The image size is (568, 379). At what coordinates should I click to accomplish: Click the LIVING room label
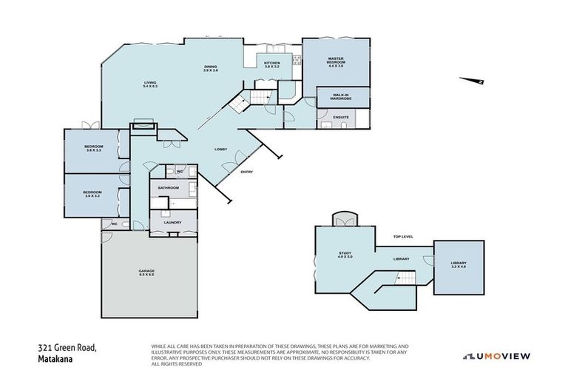pos(151,84)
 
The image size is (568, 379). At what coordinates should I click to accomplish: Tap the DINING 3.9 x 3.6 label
pos(212,68)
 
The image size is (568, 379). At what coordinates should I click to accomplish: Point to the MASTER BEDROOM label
pos(336,64)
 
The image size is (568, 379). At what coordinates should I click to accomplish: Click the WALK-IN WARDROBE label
pos(341,96)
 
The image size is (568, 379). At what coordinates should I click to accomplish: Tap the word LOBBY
pos(220,150)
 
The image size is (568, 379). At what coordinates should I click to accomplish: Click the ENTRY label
pos(247,172)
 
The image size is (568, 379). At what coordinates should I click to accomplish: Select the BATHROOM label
pos(169,188)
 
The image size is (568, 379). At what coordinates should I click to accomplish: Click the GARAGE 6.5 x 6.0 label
pos(146,272)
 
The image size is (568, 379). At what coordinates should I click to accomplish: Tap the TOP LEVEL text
pos(403,236)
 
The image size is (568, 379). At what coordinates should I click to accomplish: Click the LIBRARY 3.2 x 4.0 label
pos(459,266)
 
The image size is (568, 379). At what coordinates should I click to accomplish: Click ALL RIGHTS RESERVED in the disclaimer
pos(177,363)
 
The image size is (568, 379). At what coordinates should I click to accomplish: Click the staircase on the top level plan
pos(402,278)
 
